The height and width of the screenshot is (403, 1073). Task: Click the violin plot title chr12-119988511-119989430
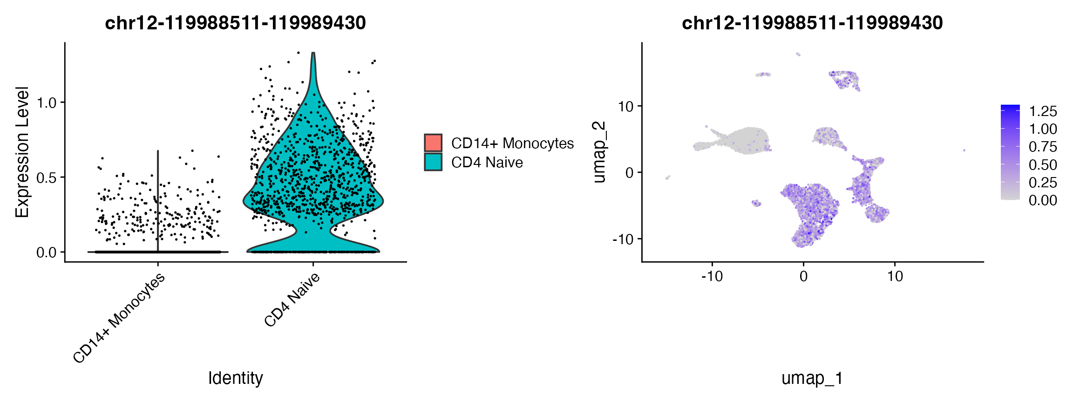pos(235,23)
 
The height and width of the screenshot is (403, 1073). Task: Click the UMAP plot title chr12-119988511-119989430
pos(812,23)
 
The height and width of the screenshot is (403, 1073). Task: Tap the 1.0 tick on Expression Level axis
pos(47,102)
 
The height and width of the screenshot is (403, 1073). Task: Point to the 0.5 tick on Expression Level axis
pos(47,178)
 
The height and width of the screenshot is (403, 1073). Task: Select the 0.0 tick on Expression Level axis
pos(47,253)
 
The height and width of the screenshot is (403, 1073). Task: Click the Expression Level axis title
pos(22,152)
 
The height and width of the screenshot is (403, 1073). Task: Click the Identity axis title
pos(235,378)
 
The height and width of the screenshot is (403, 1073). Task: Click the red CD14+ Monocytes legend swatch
pos(433,143)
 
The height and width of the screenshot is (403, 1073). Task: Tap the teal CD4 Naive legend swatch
pos(433,162)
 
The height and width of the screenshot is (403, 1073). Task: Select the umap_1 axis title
pos(812,378)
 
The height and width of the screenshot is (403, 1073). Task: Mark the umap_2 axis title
pos(599,152)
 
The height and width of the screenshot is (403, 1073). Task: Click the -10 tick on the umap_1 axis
pos(712,276)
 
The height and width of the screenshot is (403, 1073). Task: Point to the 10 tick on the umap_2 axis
pos(626,107)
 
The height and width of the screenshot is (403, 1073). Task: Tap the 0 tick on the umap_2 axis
pos(630,173)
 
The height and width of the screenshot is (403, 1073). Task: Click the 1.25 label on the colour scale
pos(1043,111)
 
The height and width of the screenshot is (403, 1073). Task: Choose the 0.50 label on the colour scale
pos(1043,165)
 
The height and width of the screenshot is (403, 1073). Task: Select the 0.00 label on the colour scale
pos(1043,200)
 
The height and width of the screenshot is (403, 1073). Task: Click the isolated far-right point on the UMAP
pos(964,150)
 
